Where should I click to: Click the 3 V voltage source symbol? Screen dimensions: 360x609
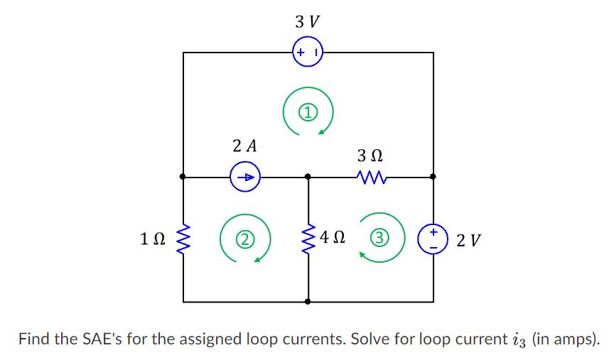click(x=308, y=53)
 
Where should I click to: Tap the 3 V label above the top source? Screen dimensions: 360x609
click(x=307, y=22)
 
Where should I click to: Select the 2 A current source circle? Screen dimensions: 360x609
click(x=245, y=177)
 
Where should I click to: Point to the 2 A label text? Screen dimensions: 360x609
click(x=244, y=146)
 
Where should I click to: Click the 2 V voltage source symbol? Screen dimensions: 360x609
click(x=433, y=239)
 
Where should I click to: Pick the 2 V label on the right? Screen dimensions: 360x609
click(x=468, y=241)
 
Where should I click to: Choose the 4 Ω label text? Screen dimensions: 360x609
click(x=333, y=237)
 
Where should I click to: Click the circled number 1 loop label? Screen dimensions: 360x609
click(x=307, y=111)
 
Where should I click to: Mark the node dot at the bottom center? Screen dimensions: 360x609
click(x=308, y=302)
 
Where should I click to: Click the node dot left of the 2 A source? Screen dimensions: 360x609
click(x=183, y=176)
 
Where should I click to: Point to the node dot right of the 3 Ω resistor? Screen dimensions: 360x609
click(x=433, y=176)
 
